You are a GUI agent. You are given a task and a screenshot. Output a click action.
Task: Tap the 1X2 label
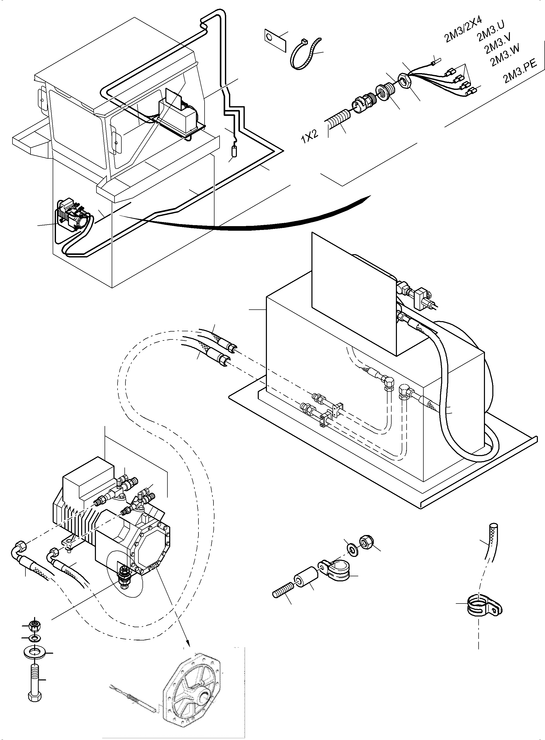point(309,136)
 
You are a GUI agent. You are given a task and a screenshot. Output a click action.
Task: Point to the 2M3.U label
point(491,31)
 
